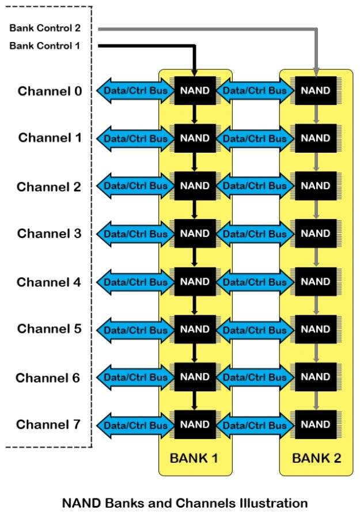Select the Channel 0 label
tap(50, 90)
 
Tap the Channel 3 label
tap(50, 233)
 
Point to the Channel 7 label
tap(48, 425)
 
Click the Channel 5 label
tap(50, 329)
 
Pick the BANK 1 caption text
tap(194, 459)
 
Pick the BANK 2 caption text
tap(316, 459)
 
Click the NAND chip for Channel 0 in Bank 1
tap(195, 90)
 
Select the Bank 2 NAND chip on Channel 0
tap(316, 90)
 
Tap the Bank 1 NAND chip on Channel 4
tap(195, 282)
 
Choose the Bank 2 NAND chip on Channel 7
tap(316, 425)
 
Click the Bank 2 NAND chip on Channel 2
tap(316, 186)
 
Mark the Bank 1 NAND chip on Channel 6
tap(195, 377)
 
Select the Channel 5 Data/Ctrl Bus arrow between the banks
tap(255, 330)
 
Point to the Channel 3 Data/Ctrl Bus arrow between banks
tap(255, 235)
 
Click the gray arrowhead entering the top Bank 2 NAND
tap(316, 72)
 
